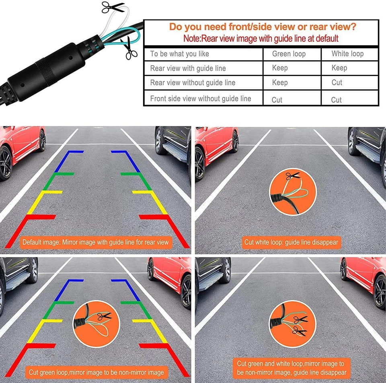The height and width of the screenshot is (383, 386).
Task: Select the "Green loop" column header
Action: click(289, 54)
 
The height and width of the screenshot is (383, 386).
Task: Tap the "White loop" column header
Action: click(347, 54)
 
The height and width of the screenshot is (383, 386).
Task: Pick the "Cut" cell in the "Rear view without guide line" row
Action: click(337, 82)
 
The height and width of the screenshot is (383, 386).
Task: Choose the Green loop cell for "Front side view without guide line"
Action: click(277, 100)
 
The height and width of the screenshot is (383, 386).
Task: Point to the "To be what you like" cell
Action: click(179, 54)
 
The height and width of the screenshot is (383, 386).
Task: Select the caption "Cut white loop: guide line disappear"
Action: click(292, 242)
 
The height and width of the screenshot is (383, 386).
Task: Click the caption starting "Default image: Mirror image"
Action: click(96, 242)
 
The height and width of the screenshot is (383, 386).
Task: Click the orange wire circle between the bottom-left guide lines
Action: click(96, 319)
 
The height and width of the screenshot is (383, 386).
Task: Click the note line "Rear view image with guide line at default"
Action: click(261, 39)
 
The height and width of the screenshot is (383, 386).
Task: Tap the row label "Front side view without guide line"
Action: click(200, 99)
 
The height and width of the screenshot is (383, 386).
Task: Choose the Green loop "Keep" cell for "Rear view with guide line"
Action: click(280, 68)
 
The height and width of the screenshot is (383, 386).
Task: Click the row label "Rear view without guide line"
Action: click(193, 83)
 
